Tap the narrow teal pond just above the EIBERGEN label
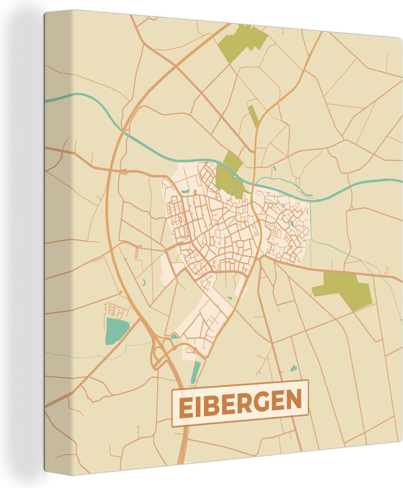pyautogui.click(x=196, y=372)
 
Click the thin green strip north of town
pyautogui.click(x=253, y=115)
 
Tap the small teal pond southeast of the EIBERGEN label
pyautogui.click(x=293, y=368)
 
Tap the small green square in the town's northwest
pyautogui.click(x=195, y=192)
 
